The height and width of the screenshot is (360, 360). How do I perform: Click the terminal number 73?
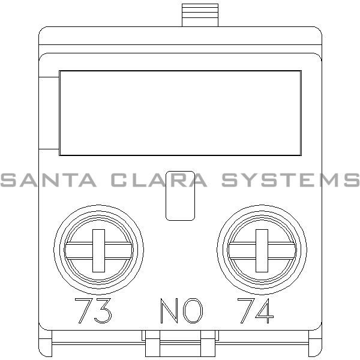[92, 311]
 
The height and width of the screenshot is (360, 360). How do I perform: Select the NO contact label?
[181, 311]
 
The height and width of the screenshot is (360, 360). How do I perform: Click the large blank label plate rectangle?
[180, 113]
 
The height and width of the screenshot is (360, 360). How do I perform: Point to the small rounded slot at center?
[179, 196]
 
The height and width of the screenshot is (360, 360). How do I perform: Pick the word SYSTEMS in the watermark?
[290, 179]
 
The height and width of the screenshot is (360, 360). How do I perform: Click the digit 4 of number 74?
[265, 311]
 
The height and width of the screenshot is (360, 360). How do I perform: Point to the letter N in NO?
[169, 311]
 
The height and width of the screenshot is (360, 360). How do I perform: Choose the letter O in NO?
[193, 311]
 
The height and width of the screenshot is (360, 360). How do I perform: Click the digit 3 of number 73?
[103, 311]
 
